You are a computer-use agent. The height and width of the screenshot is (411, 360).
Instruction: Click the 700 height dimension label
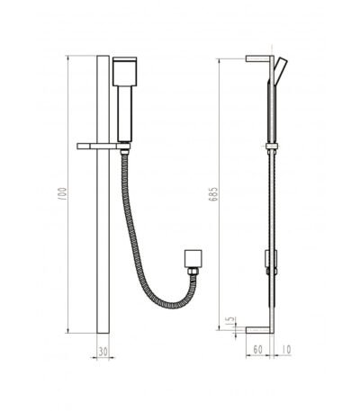[62, 194]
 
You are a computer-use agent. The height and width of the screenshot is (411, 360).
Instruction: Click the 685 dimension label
[213, 194]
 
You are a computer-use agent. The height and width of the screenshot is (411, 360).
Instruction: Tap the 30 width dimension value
[103, 352]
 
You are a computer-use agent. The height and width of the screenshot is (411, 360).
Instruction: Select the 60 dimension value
[257, 350]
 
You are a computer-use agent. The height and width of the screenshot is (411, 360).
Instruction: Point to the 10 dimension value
[287, 350]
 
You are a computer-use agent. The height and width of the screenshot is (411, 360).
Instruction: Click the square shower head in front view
[125, 71]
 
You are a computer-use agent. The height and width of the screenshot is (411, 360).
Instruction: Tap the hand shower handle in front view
[125, 113]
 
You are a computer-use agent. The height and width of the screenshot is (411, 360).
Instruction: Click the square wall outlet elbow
[193, 258]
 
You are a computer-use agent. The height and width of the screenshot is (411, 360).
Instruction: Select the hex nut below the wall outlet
[193, 271]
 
